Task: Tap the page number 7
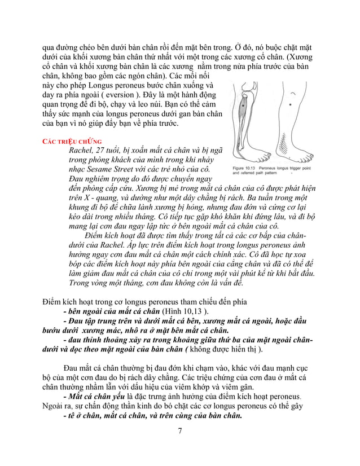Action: pyautogui.click(x=179, y=432)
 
